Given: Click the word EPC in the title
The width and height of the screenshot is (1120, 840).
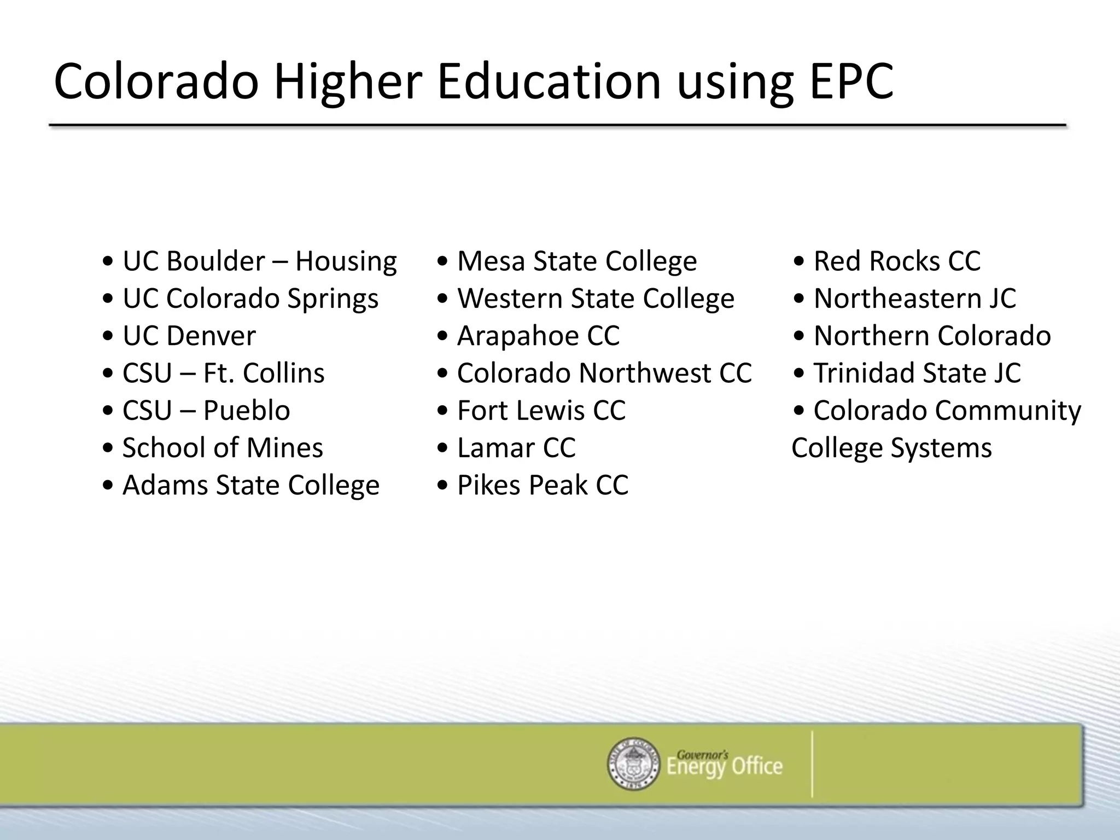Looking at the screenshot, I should click(x=851, y=82).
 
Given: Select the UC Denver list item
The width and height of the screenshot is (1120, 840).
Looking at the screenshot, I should click(x=189, y=336).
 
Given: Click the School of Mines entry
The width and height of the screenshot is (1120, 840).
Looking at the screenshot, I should click(x=223, y=448).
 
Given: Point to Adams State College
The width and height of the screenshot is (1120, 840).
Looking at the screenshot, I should click(x=250, y=485).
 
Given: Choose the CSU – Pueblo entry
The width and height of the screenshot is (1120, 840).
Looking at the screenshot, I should click(x=206, y=411).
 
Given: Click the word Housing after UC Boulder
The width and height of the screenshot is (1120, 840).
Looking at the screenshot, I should click(x=346, y=261).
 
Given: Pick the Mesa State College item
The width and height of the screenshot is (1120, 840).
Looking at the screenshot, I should click(x=577, y=261).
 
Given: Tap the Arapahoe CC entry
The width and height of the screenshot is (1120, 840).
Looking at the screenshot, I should click(x=538, y=336).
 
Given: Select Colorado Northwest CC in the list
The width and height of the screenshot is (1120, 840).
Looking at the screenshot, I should click(x=604, y=373).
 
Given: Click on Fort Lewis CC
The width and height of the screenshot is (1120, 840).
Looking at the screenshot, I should click(x=541, y=411).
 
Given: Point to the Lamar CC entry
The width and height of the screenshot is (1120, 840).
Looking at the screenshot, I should click(x=516, y=448).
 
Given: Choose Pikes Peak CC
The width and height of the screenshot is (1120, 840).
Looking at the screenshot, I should click(x=542, y=485).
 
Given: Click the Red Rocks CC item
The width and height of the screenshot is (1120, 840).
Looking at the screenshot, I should click(x=897, y=261).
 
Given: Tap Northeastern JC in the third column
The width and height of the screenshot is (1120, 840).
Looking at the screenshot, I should click(x=914, y=299).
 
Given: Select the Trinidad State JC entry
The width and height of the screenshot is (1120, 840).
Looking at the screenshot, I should click(x=917, y=373).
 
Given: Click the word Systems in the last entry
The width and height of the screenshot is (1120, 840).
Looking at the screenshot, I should click(x=941, y=448).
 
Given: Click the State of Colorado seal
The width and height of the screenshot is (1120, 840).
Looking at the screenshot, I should click(x=634, y=763).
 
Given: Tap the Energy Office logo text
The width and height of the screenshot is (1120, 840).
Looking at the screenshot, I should click(x=724, y=765).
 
